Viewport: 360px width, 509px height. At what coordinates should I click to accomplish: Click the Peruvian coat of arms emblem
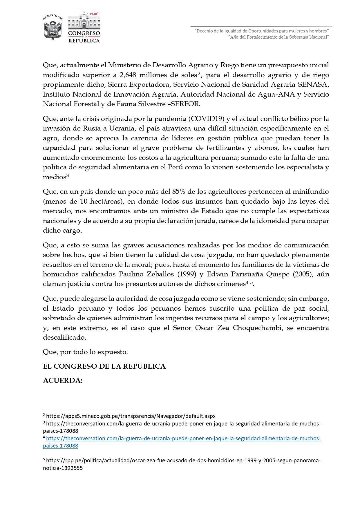53,27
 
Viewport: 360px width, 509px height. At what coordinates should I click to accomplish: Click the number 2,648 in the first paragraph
128,75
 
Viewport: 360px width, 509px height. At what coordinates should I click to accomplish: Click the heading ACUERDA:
63,381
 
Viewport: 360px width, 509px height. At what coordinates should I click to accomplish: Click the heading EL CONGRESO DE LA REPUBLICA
104,366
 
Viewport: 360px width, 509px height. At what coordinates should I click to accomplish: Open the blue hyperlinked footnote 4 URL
183,439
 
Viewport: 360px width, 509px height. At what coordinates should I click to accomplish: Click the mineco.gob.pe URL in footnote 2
131,416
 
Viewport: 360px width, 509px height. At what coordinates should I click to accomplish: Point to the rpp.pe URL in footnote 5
183,460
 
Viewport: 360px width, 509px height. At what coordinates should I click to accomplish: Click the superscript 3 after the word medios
67,175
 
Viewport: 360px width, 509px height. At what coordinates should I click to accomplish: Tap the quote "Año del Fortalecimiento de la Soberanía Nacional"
278,37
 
